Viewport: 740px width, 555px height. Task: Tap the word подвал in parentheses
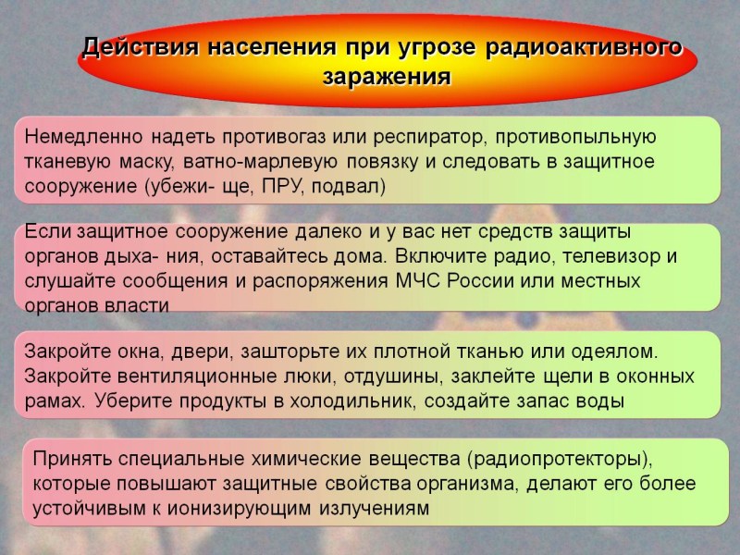347,187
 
